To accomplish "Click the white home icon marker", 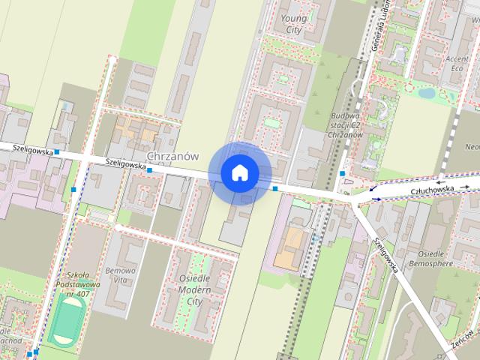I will click(240, 173).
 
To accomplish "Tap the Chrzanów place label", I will click(173, 156).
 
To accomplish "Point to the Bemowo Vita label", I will click(121, 274).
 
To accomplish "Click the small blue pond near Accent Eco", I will click(427, 94).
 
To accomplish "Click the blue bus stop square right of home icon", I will click(275, 188).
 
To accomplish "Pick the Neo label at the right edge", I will click(472, 146).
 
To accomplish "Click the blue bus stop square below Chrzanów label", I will click(149, 170).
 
